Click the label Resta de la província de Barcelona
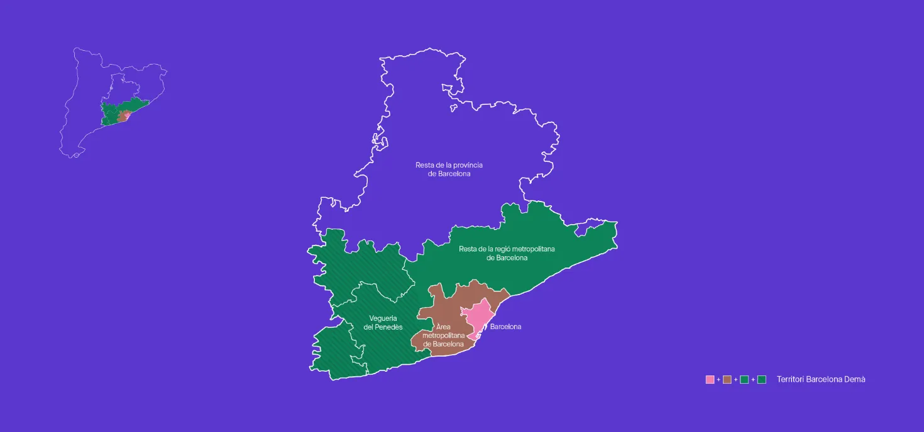[x=449, y=169]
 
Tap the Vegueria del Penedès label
[x=383, y=323]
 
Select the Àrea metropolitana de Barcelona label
[x=443, y=335]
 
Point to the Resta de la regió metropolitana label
[x=507, y=253]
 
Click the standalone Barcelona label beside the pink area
[x=505, y=327]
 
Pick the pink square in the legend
[x=710, y=379]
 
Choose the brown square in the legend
[x=727, y=379]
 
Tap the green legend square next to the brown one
[x=744, y=379]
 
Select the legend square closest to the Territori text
[x=762, y=379]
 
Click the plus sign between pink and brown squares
[x=718, y=380]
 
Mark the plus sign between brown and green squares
[x=735, y=380]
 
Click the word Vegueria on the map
[x=383, y=318]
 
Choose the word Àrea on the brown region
[x=443, y=327]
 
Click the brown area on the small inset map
[x=122, y=117]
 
